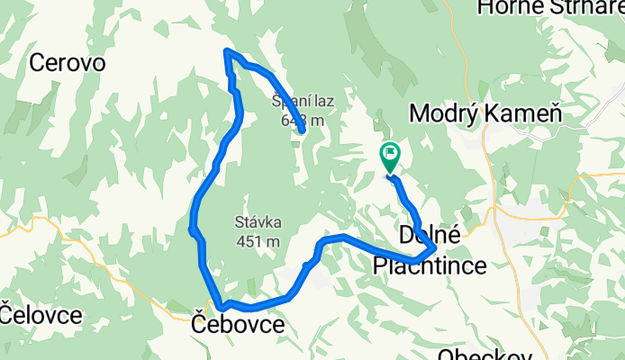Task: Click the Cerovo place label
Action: [68, 63]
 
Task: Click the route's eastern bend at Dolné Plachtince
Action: [435, 247]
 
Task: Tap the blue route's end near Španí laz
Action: [303, 131]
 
